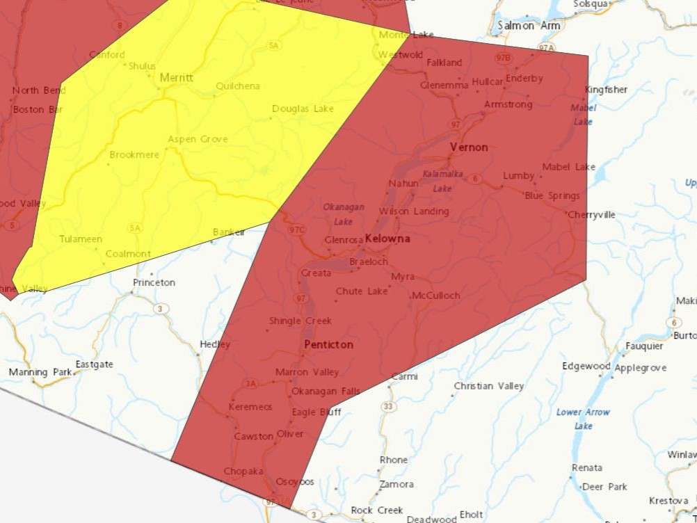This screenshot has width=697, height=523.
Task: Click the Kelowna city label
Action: coord(387,239)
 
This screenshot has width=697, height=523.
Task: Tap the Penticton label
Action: coord(328,344)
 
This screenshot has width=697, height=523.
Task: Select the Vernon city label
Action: coord(469,147)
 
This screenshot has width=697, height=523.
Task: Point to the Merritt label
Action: coord(177,78)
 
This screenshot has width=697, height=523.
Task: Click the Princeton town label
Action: coord(154,282)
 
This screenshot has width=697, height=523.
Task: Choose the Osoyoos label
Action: coord(295,481)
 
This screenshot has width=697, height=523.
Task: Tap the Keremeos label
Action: coord(250,407)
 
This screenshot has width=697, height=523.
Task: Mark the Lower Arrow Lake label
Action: coord(583,418)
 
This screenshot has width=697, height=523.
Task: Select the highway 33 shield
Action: coord(387,406)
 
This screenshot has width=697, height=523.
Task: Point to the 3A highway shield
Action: coord(250,383)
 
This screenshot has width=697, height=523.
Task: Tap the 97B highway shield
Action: coord(503,57)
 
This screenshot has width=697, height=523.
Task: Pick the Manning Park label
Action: coord(40,372)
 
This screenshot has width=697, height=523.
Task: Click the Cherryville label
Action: coord(591,215)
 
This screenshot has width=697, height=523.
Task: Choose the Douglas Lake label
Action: coord(303,108)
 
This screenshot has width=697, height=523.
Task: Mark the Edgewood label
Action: coord(586,366)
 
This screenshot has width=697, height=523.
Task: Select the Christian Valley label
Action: coord(489,386)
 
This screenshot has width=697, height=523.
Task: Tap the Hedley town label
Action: coord(215,344)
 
